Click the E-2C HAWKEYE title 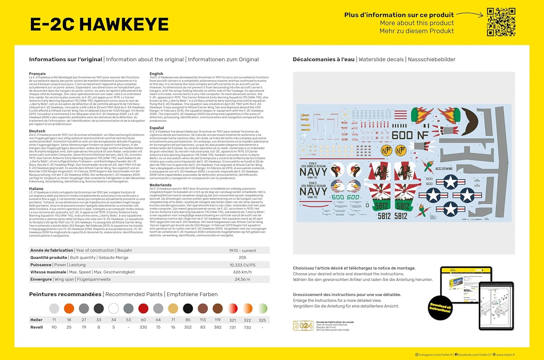[99, 25]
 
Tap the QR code [501, 22]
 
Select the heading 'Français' [37, 74]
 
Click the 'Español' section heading [157, 128]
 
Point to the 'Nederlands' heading [160, 185]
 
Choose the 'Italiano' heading [36, 189]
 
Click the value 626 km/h [242, 272]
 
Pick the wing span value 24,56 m [242, 279]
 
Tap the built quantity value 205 [242, 258]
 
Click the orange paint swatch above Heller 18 [69, 308]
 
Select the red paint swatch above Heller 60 [143, 308]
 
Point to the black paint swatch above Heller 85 [188, 308]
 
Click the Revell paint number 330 [143, 327]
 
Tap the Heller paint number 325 [262, 320]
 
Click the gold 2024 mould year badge [303, 326]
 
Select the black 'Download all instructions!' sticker [440, 309]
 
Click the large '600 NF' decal [410, 135]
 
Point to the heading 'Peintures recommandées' [65, 294]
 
